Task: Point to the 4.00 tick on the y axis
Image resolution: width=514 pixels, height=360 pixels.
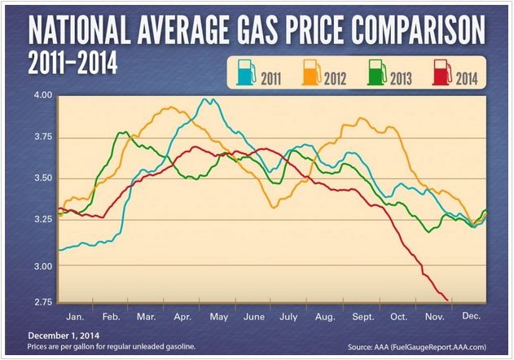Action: coord(41,95)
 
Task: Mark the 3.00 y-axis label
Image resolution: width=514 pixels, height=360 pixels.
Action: coord(41,266)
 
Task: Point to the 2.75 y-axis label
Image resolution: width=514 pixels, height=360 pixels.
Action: coord(41,301)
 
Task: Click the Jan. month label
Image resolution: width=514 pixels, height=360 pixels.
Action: coord(73,314)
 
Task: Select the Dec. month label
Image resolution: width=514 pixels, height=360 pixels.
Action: coord(470,314)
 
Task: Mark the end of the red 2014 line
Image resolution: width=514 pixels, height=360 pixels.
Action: coord(447,300)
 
